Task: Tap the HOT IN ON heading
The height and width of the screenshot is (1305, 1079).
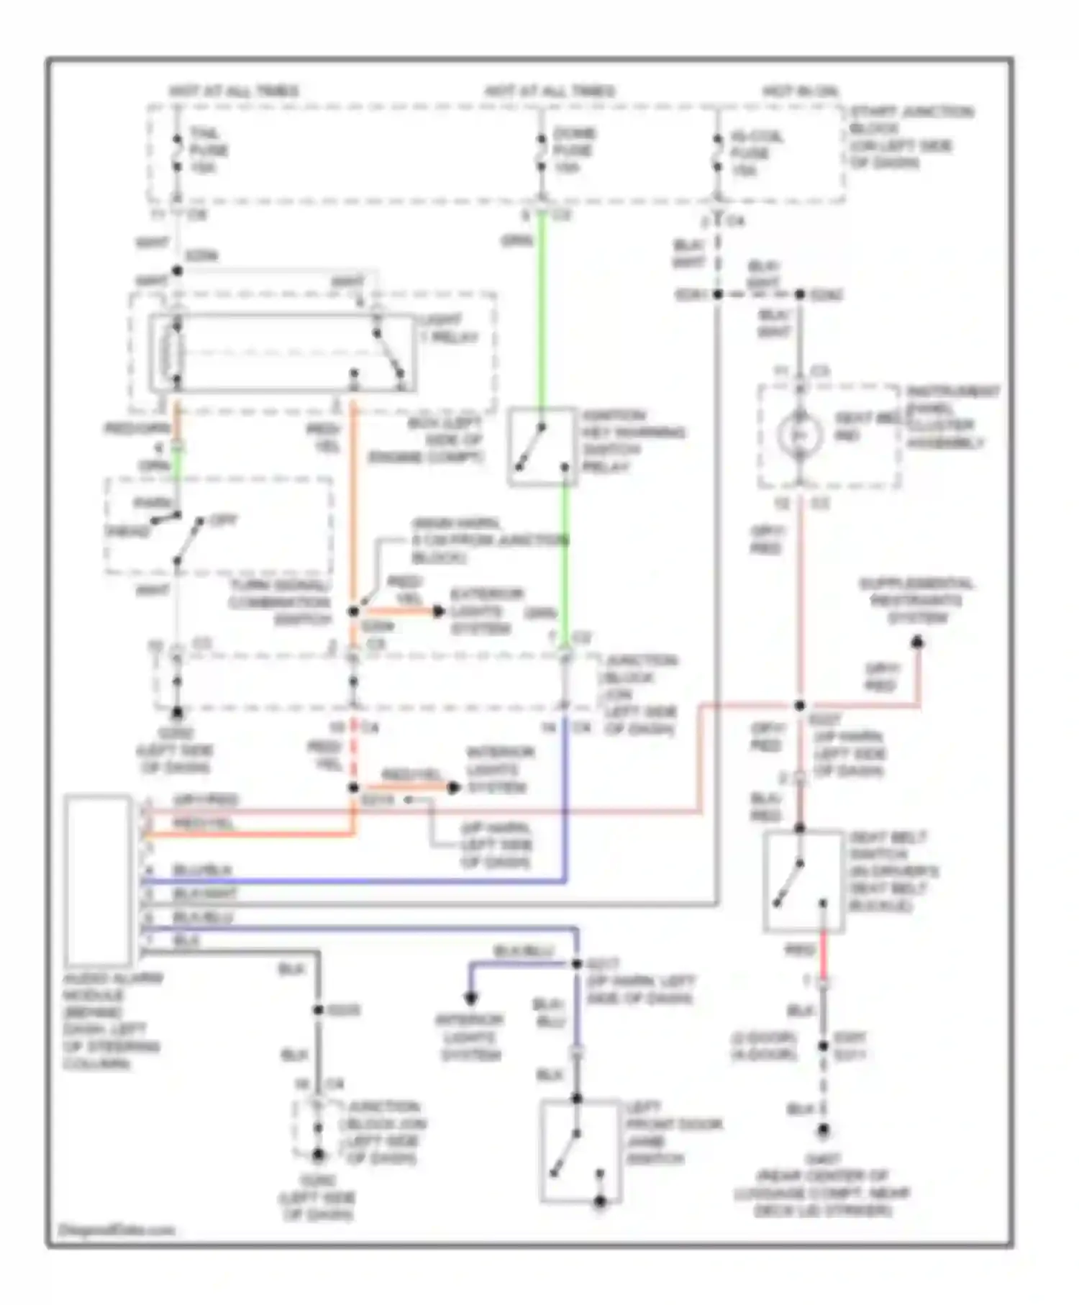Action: click(799, 91)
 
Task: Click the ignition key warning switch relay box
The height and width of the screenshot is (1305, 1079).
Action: click(543, 447)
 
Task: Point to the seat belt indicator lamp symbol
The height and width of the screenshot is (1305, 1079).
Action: click(800, 434)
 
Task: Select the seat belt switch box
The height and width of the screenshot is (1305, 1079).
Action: click(803, 881)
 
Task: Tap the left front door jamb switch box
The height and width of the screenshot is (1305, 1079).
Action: click(580, 1150)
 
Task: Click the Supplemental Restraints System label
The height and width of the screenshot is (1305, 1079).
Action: click(917, 600)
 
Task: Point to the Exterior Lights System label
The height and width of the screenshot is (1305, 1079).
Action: click(486, 611)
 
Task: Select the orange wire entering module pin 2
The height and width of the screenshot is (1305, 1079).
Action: click(252, 835)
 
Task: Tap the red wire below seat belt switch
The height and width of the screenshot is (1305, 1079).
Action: click(823, 953)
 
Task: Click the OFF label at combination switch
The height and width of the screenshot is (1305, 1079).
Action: click(224, 519)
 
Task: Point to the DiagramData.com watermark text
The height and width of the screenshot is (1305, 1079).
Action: click(116, 1229)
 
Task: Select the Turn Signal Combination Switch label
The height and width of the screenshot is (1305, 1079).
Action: click(281, 602)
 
